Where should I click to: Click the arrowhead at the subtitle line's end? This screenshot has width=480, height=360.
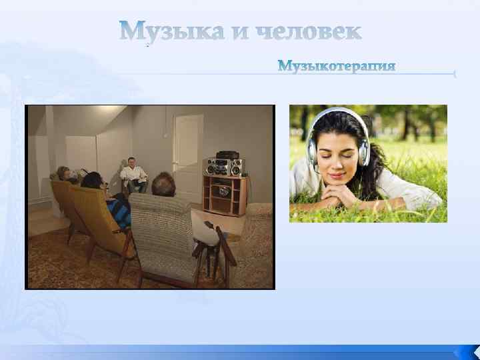(455, 74)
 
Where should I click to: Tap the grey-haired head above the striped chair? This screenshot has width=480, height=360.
(163, 183)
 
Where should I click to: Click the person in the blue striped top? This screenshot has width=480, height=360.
(118, 209)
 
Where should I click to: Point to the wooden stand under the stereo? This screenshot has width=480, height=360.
(225, 194)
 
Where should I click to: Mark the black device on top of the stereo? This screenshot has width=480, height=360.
(226, 153)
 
